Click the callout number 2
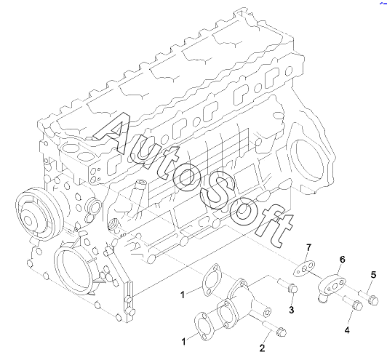(262, 348)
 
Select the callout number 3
(292, 310)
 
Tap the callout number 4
(347, 330)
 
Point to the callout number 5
(373, 275)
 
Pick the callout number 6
(342, 260)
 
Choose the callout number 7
(308, 247)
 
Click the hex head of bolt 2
(281, 332)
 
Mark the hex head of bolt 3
(293, 289)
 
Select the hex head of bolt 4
(358, 305)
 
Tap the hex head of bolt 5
(373, 300)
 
